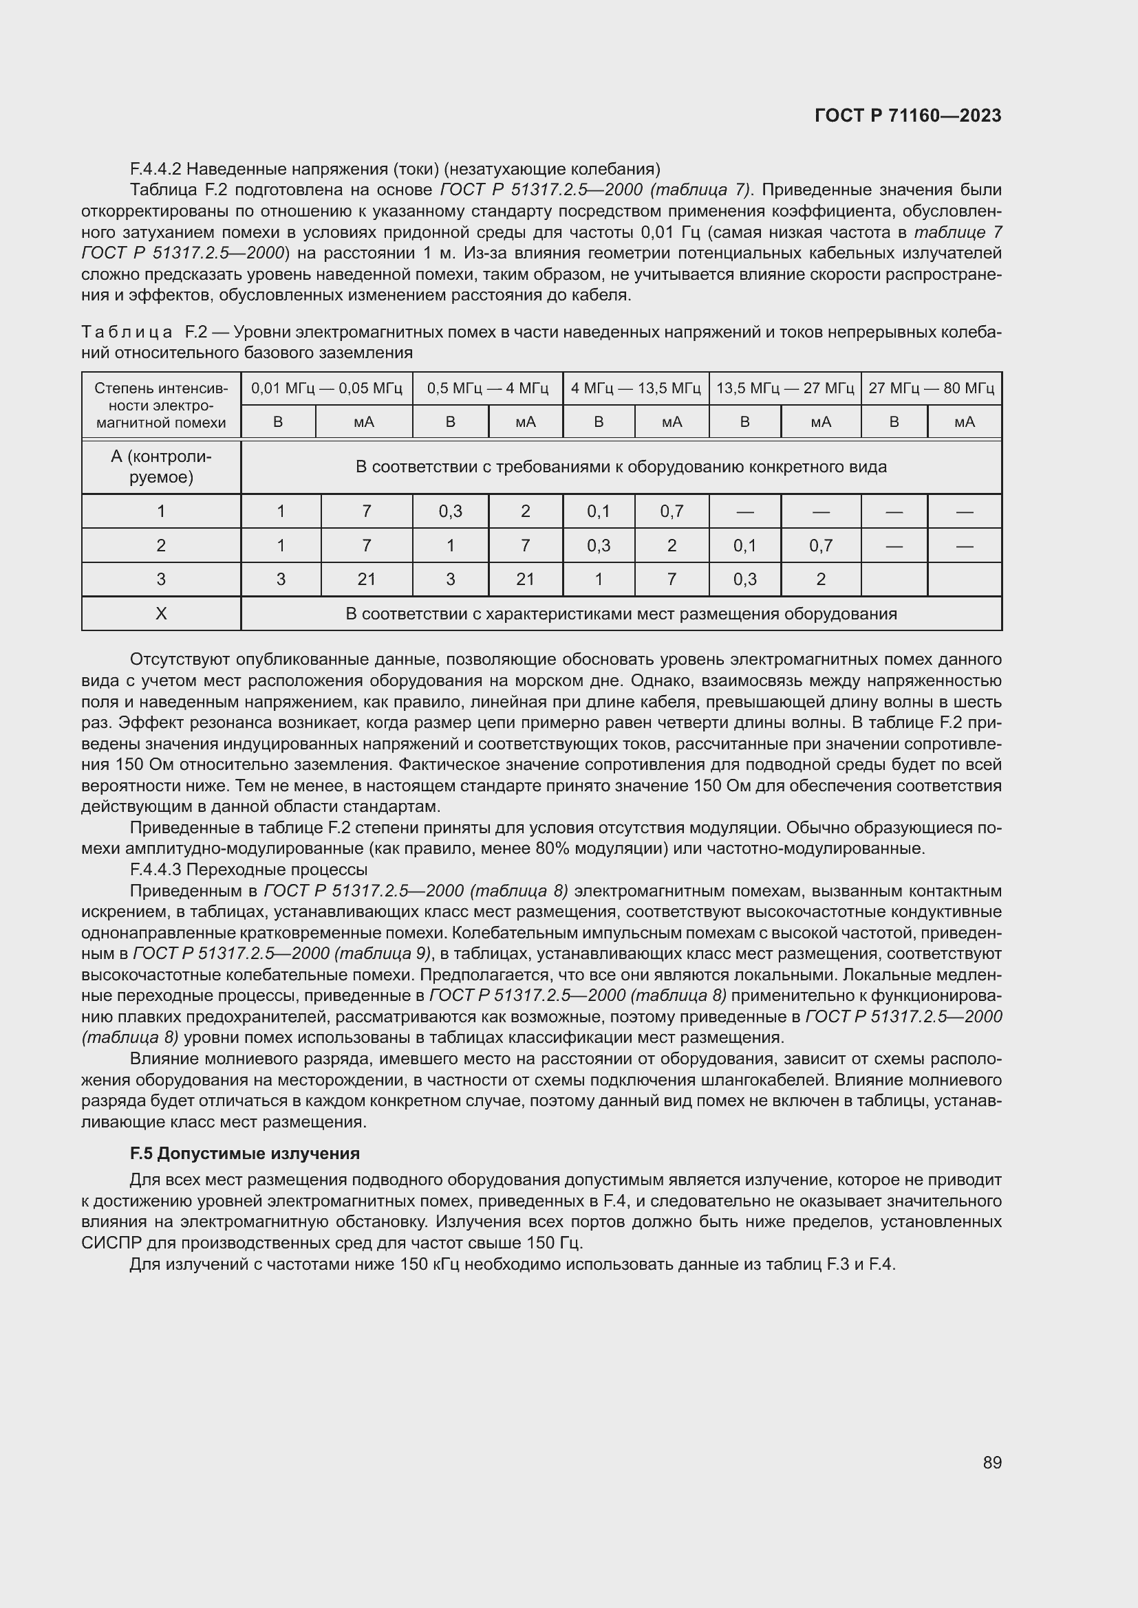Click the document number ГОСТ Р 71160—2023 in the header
(908, 116)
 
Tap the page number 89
(991, 1462)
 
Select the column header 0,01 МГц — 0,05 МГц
(327, 388)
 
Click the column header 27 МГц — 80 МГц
(931, 388)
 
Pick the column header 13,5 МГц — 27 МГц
(785, 388)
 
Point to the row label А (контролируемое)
(161, 466)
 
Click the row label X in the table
(161, 613)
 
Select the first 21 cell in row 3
(367, 579)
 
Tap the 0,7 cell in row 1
(672, 511)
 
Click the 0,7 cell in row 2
(821, 546)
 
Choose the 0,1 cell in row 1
(599, 511)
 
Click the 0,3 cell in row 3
(745, 579)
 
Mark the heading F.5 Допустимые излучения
(244, 1154)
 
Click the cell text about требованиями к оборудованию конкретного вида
(621, 466)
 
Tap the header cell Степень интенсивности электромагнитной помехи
(161, 406)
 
